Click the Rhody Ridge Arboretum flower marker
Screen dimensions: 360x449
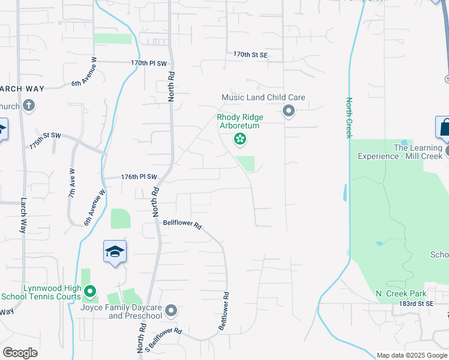240,140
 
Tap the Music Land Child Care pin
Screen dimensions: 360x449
289,110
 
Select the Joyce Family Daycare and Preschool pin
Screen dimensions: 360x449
171,310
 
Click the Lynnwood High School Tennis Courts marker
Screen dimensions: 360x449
90,292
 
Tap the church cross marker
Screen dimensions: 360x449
29,106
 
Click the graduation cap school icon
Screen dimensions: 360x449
115,252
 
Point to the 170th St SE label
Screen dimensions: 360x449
250,55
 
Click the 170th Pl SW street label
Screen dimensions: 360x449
148,62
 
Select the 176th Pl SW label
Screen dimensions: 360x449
139,177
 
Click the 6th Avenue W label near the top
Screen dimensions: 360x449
84,72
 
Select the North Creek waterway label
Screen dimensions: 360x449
348,118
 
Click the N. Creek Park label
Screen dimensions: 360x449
400,293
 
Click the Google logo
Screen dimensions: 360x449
20,353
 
